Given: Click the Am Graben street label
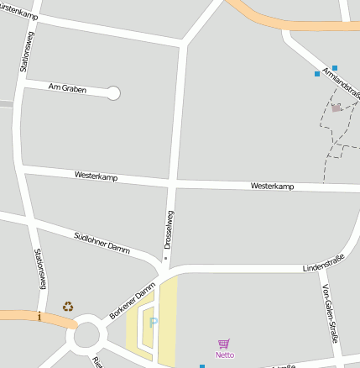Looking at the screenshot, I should click(x=67, y=87).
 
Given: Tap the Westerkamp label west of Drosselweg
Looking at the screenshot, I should click(x=96, y=177).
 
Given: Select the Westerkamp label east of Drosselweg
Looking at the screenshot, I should click(x=272, y=185).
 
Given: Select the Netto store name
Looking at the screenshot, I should click(x=224, y=355).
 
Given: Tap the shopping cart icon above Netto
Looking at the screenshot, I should click(x=223, y=344).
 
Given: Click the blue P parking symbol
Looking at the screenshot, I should click(x=153, y=322).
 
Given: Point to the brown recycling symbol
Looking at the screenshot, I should click(x=68, y=307).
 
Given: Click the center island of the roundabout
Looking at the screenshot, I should click(x=86, y=339).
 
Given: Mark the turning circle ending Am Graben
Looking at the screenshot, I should click(x=113, y=93).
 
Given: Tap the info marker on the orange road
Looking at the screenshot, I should click(x=39, y=316).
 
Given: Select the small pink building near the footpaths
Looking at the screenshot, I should click(x=337, y=108).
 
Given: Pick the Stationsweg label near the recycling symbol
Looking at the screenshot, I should click(x=38, y=269).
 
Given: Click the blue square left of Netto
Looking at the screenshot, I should click(x=202, y=365).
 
